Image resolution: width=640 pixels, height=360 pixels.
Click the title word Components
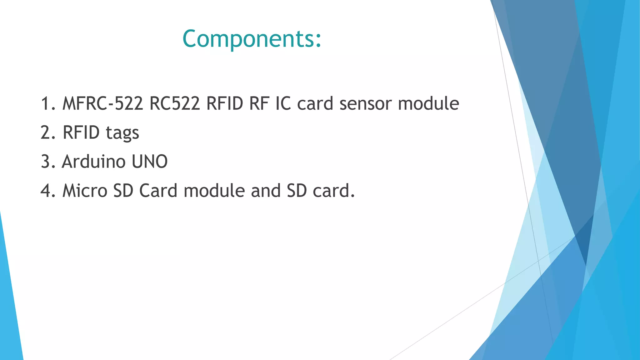click(252, 39)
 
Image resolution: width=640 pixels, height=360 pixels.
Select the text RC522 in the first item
click(174, 103)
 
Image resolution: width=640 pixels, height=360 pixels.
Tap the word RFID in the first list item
click(225, 103)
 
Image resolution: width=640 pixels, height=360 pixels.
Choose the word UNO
click(150, 162)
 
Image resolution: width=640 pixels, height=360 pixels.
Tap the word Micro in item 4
click(85, 191)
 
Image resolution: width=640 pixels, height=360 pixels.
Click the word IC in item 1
click(283, 103)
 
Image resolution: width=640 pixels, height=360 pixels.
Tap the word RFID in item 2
click(81, 132)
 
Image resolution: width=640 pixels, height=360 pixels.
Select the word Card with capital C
click(158, 191)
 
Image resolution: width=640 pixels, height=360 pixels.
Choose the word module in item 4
click(214, 191)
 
